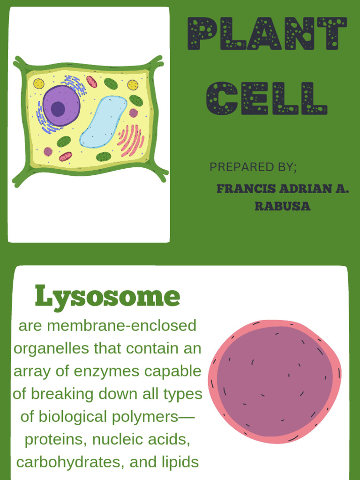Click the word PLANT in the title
click(x=267, y=34)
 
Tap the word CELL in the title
click(x=267, y=98)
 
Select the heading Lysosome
click(x=107, y=296)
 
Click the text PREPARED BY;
click(x=253, y=167)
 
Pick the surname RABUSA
click(x=283, y=207)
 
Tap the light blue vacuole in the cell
click(x=103, y=121)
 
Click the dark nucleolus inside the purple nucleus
click(x=58, y=109)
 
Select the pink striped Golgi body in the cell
click(x=130, y=140)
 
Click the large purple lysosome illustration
click(x=275, y=381)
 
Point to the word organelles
click(x=52, y=348)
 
